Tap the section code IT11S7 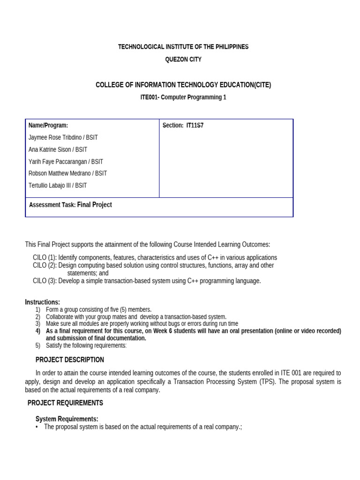pos(195,126)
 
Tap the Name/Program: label pos(48,126)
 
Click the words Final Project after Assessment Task pos(94,205)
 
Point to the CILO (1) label pos(44,257)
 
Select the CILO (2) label pos(44,265)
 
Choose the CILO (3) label pos(44,281)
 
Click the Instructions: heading pos(42,302)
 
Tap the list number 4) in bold pos(38,331)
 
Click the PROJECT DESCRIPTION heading pos(70,360)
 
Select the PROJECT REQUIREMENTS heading pos(65,403)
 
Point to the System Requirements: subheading pos(67,419)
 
